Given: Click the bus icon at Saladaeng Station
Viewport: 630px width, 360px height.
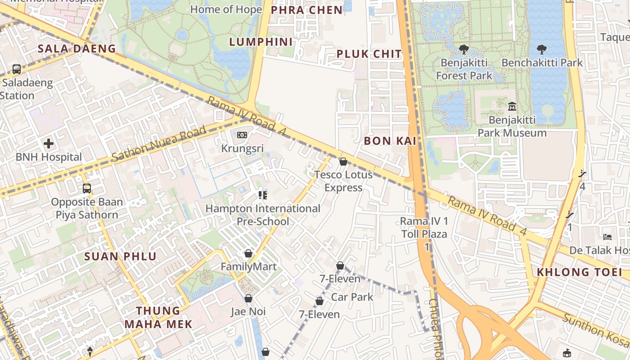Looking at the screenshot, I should (17, 69).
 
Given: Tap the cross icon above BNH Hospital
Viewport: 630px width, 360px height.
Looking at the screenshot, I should (49, 144).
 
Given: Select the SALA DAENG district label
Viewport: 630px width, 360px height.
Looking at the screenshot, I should (76, 49).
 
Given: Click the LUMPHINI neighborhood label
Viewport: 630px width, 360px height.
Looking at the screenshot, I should (261, 42).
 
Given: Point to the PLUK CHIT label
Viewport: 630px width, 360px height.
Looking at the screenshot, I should (369, 54).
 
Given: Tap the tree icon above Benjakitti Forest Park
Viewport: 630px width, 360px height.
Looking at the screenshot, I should (464, 49).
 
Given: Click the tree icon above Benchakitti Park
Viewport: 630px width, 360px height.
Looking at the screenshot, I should (542, 49).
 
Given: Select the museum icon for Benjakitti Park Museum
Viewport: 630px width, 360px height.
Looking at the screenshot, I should (512, 107).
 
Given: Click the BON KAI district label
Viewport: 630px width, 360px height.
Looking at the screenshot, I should (390, 141).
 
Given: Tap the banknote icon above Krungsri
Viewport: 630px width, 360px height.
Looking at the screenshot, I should (242, 135).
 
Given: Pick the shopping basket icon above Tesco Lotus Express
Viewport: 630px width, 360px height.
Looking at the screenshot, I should (343, 161).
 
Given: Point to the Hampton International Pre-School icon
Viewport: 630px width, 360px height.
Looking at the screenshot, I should (263, 195).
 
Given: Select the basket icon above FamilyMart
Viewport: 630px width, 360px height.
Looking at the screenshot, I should (248, 254).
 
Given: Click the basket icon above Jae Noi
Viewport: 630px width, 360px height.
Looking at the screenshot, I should (248, 298).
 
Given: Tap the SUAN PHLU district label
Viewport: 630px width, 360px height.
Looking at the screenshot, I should (121, 257).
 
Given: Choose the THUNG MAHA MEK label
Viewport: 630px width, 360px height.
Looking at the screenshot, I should (158, 317).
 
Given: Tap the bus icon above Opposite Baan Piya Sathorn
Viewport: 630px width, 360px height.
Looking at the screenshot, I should (86, 188).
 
